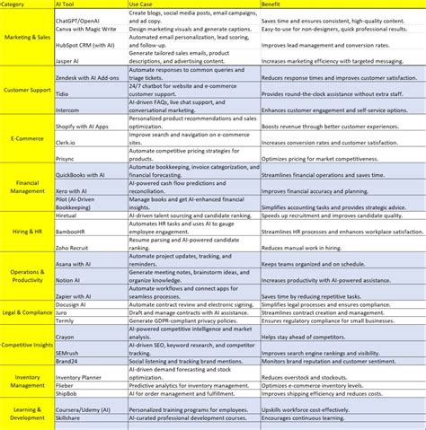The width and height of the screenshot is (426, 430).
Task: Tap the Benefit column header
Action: [x=273, y=5]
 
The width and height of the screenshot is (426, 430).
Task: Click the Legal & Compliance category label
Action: [x=26, y=312]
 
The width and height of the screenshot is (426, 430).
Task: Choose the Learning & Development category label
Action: [x=26, y=414]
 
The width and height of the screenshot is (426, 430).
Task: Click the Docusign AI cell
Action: [x=73, y=305]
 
